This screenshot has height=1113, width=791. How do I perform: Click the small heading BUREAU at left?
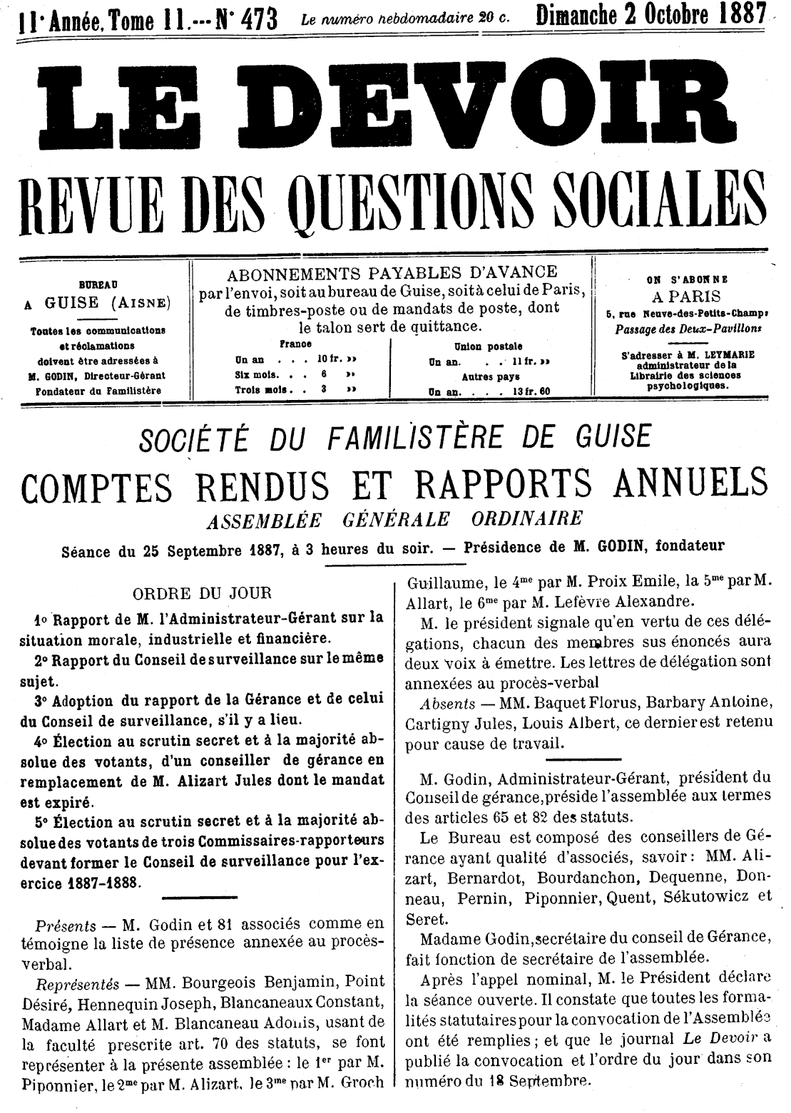pos(98,284)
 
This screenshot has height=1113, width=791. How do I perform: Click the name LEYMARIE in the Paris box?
pos(707,354)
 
